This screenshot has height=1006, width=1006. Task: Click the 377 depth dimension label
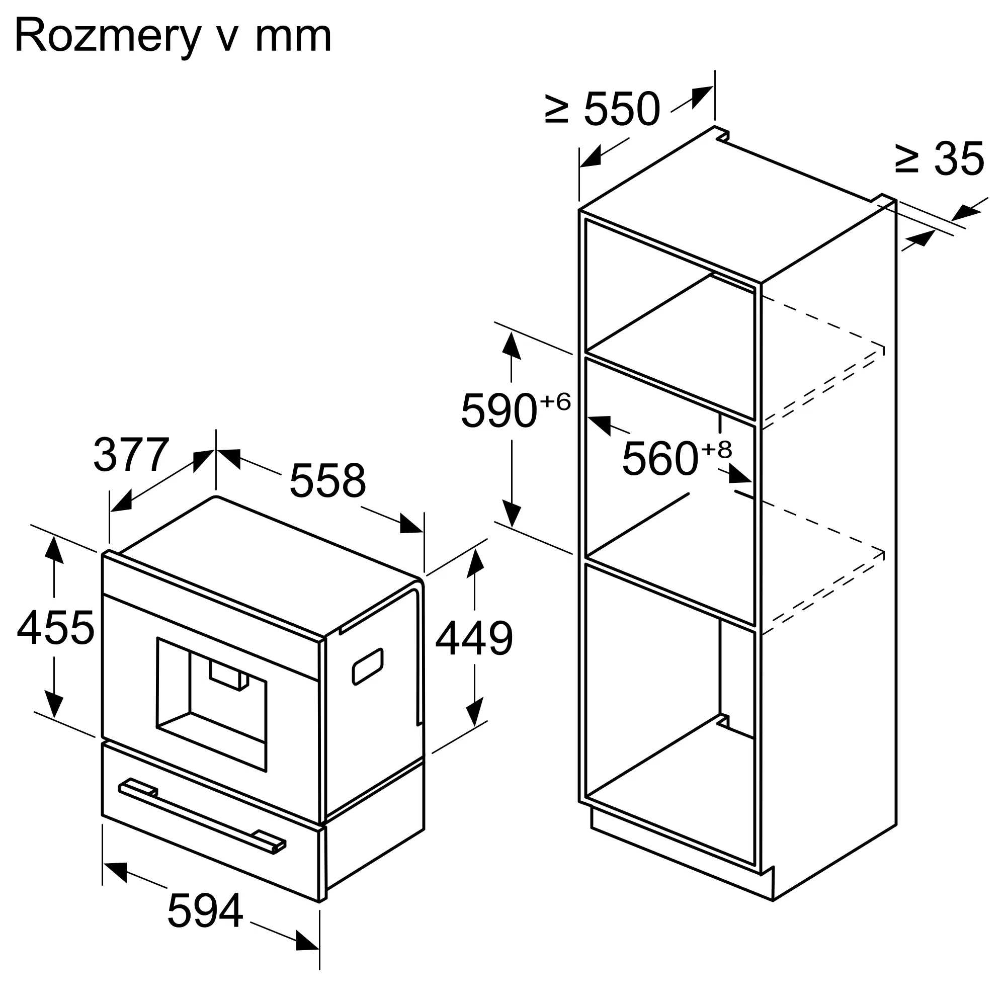[132, 455]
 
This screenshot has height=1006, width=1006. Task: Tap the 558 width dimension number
[327, 480]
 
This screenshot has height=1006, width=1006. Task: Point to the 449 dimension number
[474, 638]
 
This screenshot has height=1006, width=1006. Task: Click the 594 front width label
[205, 911]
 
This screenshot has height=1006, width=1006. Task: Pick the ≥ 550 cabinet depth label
[603, 109]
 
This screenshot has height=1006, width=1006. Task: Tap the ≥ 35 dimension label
[940, 159]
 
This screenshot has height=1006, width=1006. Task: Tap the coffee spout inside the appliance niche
[229, 676]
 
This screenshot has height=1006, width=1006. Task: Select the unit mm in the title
[293, 38]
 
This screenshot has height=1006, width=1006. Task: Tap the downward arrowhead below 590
[513, 515]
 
